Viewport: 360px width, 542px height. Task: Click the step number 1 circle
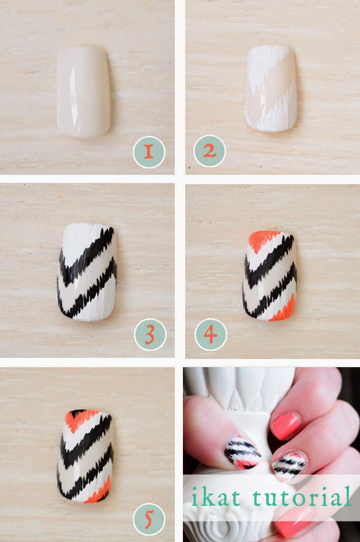149,152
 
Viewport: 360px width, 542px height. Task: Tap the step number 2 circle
210,151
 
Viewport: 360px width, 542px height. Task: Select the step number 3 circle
150,335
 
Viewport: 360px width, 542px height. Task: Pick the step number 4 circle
211,335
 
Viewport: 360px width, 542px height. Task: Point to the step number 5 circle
149,519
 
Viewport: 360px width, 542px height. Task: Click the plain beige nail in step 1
84,92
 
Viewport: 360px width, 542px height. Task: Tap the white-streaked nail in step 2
271,88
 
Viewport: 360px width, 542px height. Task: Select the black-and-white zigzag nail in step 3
87,272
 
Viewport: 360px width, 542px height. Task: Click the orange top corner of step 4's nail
263,240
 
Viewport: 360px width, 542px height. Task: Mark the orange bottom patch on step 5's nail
100,491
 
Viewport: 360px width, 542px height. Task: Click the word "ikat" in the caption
216,497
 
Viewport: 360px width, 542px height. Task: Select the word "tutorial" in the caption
302,497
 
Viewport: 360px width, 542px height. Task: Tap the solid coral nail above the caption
285,426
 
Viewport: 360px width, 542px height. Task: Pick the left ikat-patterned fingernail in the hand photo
242,452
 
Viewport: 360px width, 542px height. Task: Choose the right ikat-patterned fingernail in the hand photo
290,467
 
